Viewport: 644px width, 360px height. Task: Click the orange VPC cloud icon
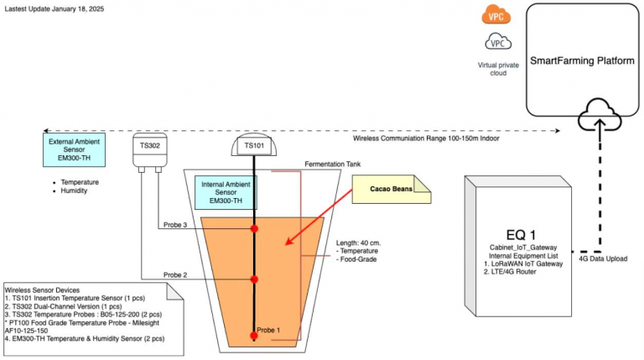click(496, 14)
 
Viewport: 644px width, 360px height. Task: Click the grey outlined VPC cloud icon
click(496, 41)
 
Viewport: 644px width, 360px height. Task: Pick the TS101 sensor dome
click(253, 145)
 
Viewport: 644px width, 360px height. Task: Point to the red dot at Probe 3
click(254, 228)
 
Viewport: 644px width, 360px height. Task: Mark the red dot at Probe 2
click(254, 279)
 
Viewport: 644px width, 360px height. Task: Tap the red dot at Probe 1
click(254, 336)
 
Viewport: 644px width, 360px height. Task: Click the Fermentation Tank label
click(333, 165)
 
